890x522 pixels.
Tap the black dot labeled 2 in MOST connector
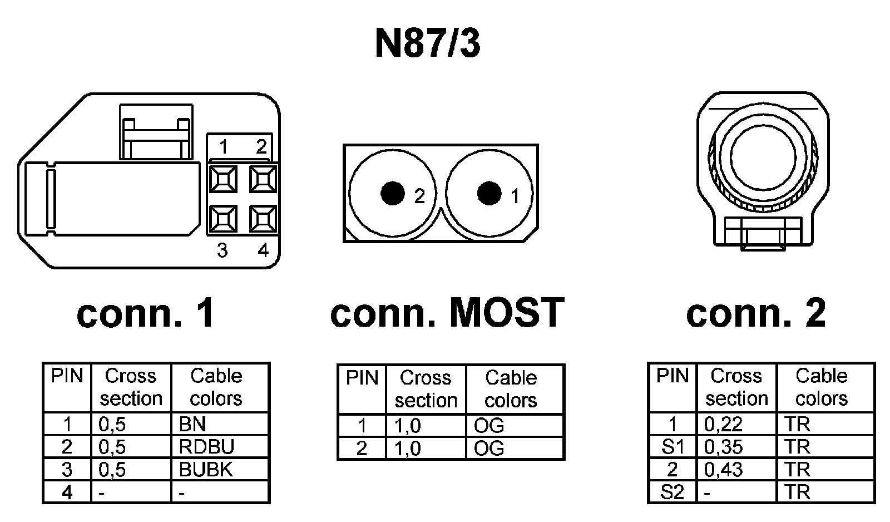pos(392,193)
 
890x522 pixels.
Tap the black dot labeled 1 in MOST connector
pos(489,193)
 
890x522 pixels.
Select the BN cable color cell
pos(192,424)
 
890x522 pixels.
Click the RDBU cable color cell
pos(206,447)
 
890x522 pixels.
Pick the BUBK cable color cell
pos(205,470)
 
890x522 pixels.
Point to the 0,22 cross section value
pos(723,424)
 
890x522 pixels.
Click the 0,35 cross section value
pos(723,447)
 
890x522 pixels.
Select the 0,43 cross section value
pos(723,470)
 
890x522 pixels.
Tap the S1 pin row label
pos(672,447)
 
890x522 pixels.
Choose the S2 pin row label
pos(672,493)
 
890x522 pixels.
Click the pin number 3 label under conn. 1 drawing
pos(222,250)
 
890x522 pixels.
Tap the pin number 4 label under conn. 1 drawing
pos(263,250)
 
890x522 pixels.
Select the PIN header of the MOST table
pos(362,378)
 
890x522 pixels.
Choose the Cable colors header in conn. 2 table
pos(822,387)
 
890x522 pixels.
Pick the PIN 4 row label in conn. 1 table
pos(67,493)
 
